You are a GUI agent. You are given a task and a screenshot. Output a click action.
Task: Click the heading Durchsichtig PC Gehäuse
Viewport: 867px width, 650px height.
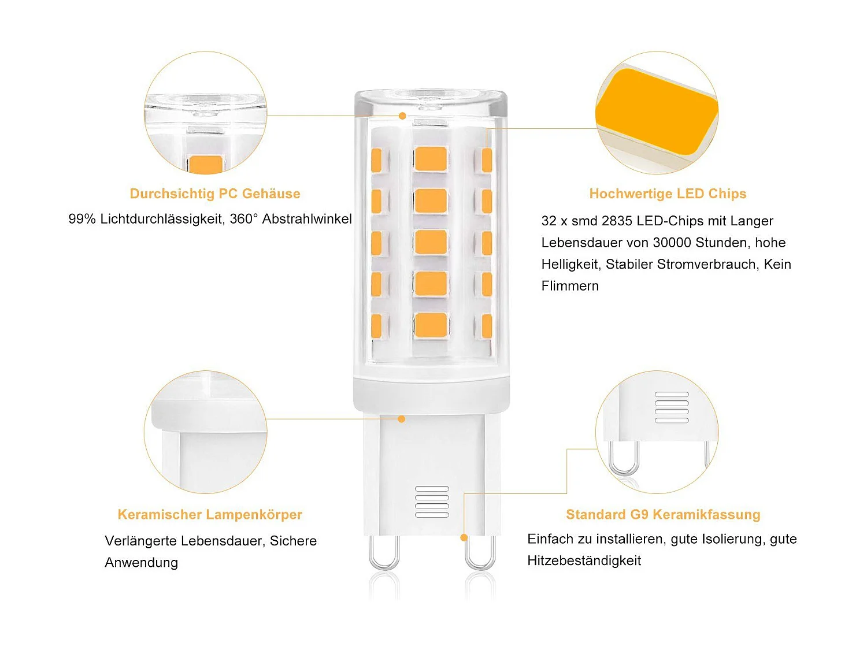[215, 194]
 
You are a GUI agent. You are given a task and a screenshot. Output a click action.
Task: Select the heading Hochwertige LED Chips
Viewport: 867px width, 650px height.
[668, 194]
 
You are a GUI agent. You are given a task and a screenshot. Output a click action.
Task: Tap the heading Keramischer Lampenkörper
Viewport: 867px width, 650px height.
[210, 514]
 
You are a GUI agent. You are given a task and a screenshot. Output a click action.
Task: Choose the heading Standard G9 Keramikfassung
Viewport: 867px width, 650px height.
[663, 514]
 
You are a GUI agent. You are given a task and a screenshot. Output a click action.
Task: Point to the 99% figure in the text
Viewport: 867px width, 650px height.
[81, 219]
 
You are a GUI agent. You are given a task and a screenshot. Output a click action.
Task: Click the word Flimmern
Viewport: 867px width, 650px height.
[570, 286]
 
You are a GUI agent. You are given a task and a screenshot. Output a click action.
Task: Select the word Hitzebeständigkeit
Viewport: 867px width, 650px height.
[584, 560]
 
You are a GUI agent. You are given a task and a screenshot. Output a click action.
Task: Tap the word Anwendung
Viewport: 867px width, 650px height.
[142, 563]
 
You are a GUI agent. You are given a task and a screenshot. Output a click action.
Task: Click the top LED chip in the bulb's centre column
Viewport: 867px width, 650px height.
[431, 159]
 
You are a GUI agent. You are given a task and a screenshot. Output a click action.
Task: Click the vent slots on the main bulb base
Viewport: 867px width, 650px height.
[432, 502]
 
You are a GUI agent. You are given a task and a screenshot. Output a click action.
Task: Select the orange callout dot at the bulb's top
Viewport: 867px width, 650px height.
[402, 116]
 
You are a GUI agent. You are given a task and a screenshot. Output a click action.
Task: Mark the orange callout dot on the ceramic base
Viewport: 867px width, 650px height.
[402, 419]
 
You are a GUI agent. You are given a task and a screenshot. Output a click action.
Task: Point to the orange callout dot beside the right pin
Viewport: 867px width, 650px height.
[464, 538]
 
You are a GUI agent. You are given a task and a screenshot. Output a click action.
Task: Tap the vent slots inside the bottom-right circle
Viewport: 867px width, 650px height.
[672, 407]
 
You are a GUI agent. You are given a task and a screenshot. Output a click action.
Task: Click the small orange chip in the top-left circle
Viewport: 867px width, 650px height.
[205, 164]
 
